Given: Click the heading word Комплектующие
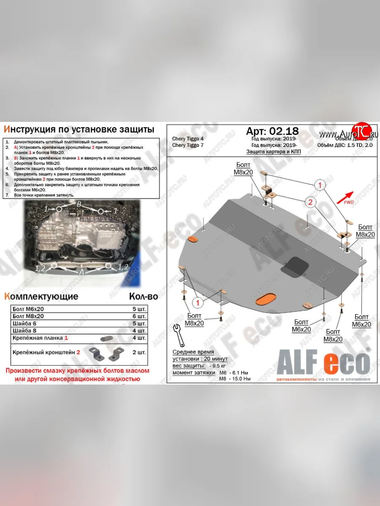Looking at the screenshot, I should [41, 296].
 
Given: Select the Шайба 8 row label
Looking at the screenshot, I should [25, 331].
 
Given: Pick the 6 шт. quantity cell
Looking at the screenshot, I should [139, 316].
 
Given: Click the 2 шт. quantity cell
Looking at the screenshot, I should [139, 352].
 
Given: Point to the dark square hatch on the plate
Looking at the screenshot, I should [294, 267].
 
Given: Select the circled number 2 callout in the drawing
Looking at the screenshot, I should [310, 203].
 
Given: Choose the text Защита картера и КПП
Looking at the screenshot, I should [274, 152].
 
